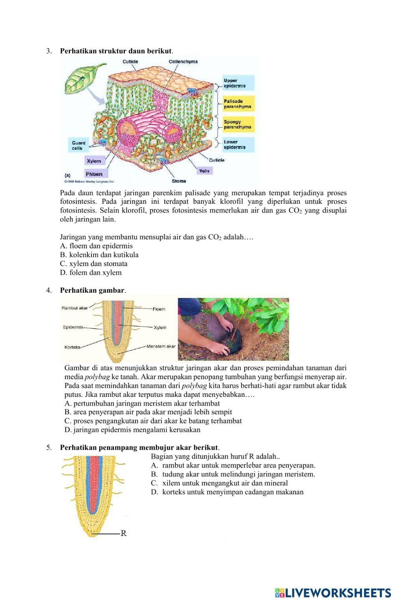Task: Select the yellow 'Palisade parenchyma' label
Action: point(238,104)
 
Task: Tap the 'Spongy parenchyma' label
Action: point(238,125)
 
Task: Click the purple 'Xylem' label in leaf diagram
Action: point(94,161)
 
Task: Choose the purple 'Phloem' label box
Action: point(94,174)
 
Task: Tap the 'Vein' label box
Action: point(204,171)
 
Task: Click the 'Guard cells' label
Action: point(78,145)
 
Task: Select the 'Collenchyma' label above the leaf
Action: point(183,61)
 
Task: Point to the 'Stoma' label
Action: point(178,181)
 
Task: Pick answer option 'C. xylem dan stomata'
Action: point(94,264)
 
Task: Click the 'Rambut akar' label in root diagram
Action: point(74,308)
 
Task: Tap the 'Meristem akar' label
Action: point(161,346)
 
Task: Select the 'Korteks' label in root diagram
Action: point(72,347)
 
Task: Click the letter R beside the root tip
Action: point(123,534)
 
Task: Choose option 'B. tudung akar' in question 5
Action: point(233,474)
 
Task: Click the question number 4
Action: point(49,290)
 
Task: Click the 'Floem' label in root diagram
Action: point(159,309)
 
